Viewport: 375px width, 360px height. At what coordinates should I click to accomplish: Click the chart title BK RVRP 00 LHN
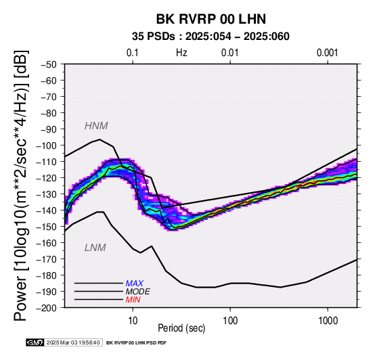211,19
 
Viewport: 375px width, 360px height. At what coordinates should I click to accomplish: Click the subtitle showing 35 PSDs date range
211,37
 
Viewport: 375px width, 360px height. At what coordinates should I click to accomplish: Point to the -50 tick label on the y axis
49,64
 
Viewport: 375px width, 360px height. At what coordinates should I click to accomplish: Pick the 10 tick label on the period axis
133,320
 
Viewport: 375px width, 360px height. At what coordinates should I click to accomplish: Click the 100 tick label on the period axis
230,320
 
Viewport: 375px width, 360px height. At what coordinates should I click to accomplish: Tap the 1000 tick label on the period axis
328,320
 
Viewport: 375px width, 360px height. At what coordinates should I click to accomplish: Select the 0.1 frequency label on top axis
133,53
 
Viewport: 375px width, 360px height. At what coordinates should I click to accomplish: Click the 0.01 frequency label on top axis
230,53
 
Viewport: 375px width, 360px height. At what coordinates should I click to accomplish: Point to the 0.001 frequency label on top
328,53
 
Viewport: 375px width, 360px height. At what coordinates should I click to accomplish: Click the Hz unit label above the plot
181,53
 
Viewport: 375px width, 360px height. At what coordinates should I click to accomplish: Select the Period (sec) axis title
181,328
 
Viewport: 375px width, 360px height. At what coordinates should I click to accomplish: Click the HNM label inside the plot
96,126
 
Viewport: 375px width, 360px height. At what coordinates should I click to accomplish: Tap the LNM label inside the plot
95,248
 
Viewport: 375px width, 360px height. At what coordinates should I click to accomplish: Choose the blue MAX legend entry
135,284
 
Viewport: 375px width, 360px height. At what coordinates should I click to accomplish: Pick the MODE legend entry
138,292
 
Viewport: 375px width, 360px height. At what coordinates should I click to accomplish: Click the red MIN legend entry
133,300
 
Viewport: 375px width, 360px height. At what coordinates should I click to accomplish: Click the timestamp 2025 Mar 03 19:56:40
73,342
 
